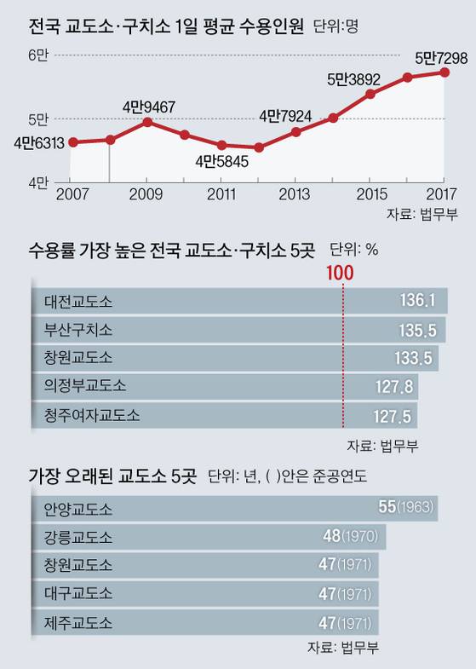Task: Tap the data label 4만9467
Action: coord(148,107)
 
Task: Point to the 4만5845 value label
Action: coord(221,162)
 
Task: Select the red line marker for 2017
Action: coord(444,72)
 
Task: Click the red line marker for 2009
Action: coord(147,122)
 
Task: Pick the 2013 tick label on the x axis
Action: coord(295,193)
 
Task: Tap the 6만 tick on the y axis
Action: coord(38,55)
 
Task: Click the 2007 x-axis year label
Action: coord(73,193)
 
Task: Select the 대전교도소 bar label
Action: coord(77,301)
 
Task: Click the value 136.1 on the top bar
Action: coord(417,301)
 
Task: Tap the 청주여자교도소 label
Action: coord(91,416)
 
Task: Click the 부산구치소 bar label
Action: coord(77,330)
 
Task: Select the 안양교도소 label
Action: coord(77,509)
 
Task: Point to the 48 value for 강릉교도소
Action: coord(332,538)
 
